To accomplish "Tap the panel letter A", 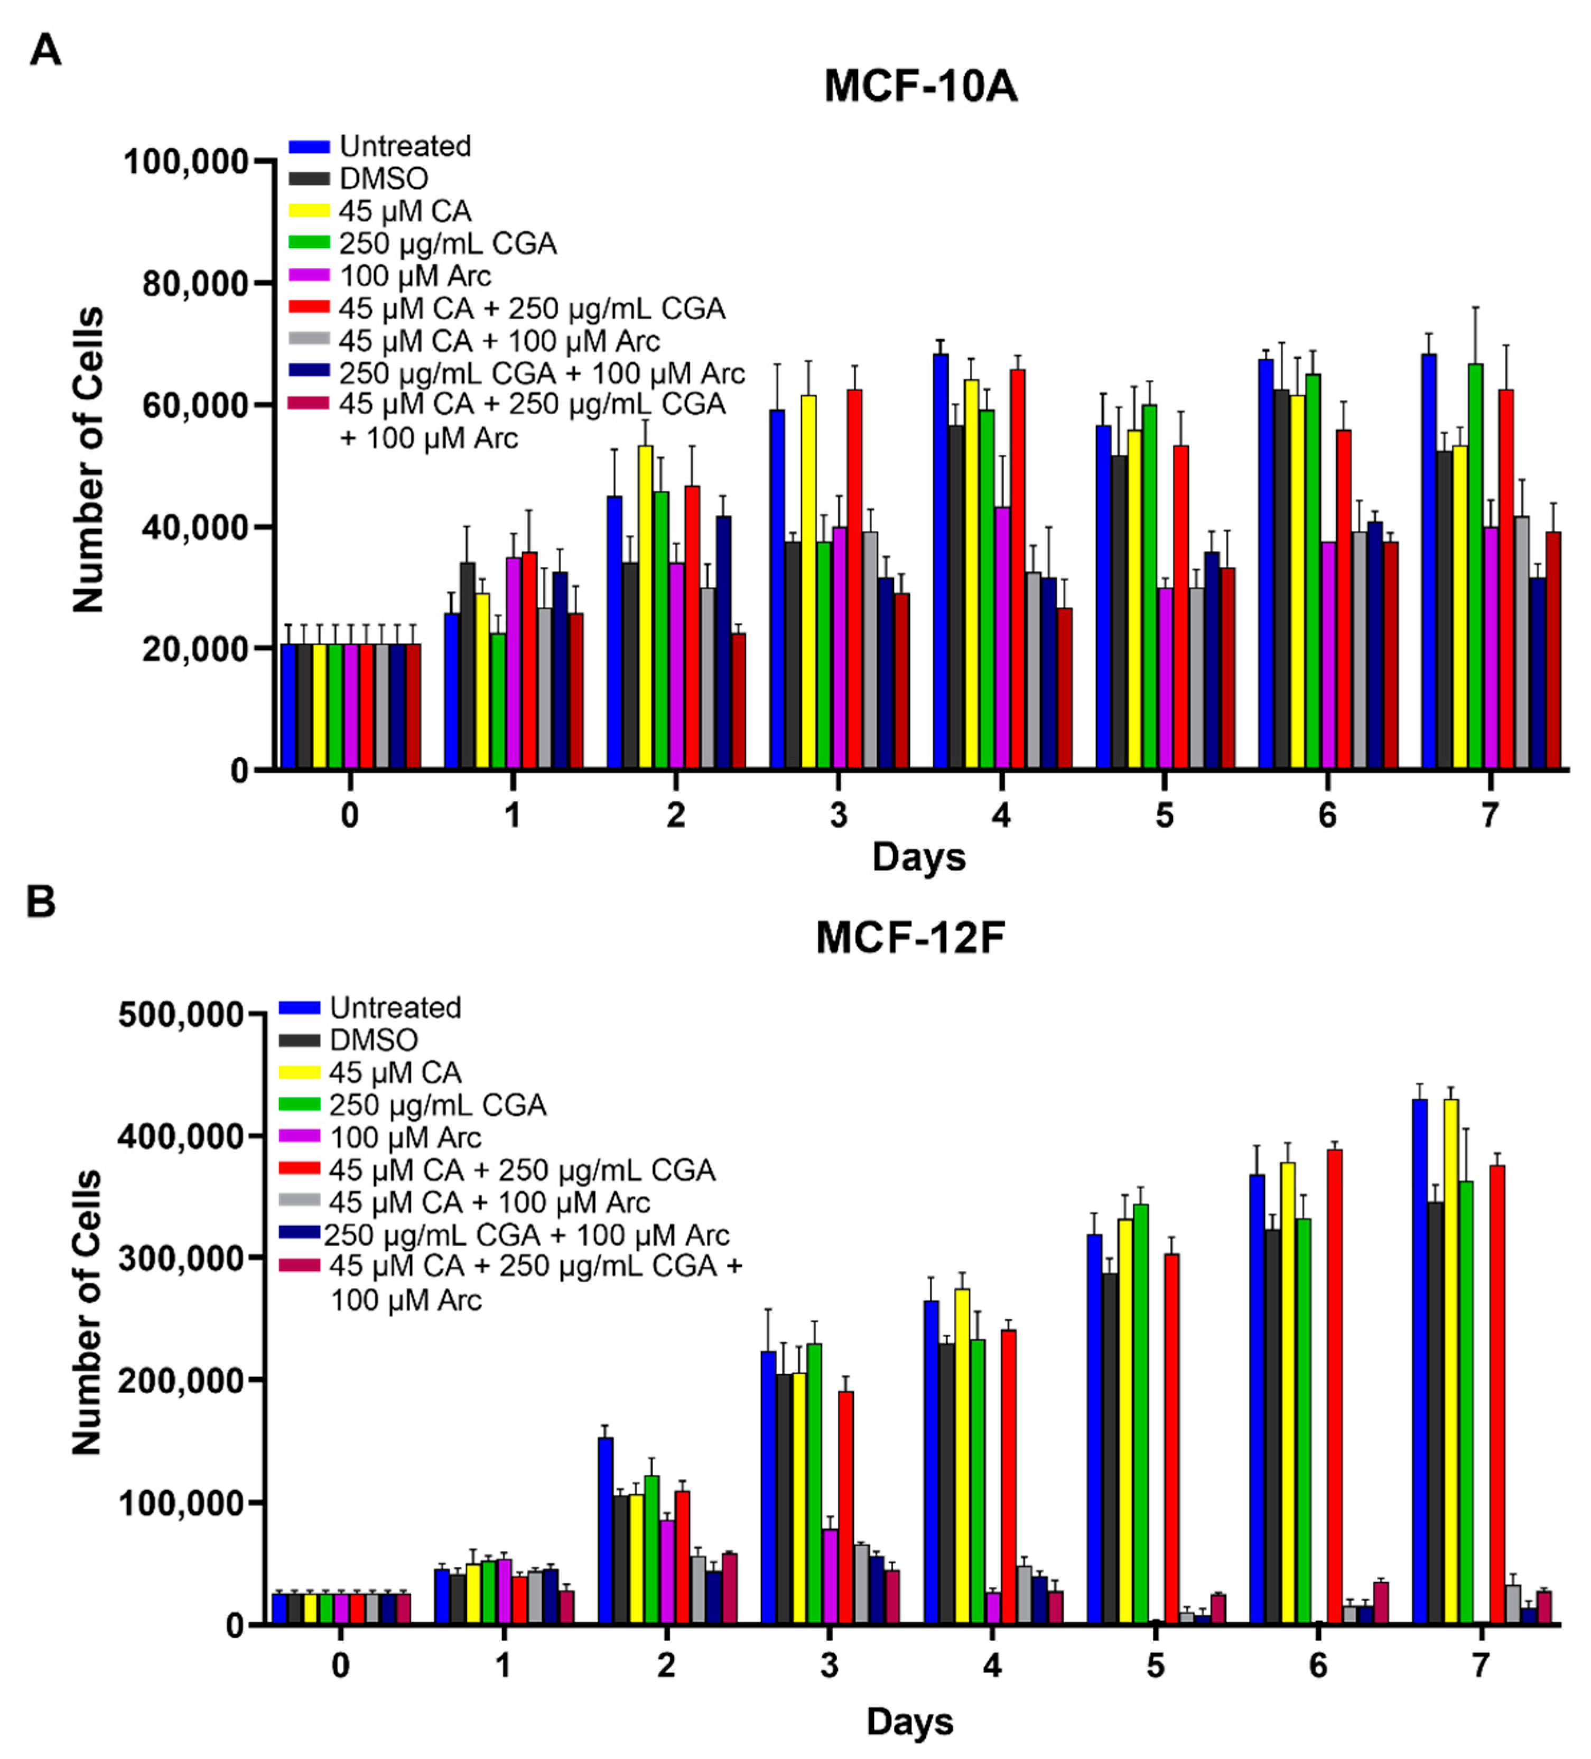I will coord(45,50).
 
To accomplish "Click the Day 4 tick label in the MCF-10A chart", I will coord(1001,815).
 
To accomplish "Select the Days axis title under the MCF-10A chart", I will coord(918,857).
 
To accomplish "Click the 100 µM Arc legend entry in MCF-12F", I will coord(405,1138).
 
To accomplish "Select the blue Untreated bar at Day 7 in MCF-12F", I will coord(1420,1361).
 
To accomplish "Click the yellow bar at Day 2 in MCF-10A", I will coord(645,606).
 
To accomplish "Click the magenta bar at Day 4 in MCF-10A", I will coord(1003,637).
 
